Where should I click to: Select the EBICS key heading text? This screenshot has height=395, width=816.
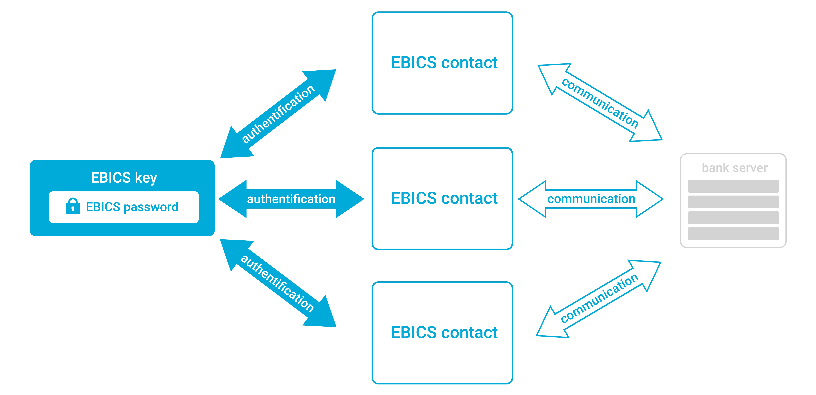click(124, 177)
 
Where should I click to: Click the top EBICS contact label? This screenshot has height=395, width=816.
click(444, 62)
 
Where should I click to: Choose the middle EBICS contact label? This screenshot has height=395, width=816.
click(444, 198)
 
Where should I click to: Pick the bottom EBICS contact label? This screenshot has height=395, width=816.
click(444, 333)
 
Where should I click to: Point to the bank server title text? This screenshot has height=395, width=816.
click(734, 168)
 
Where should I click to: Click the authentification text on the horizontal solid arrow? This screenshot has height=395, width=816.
click(291, 199)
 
